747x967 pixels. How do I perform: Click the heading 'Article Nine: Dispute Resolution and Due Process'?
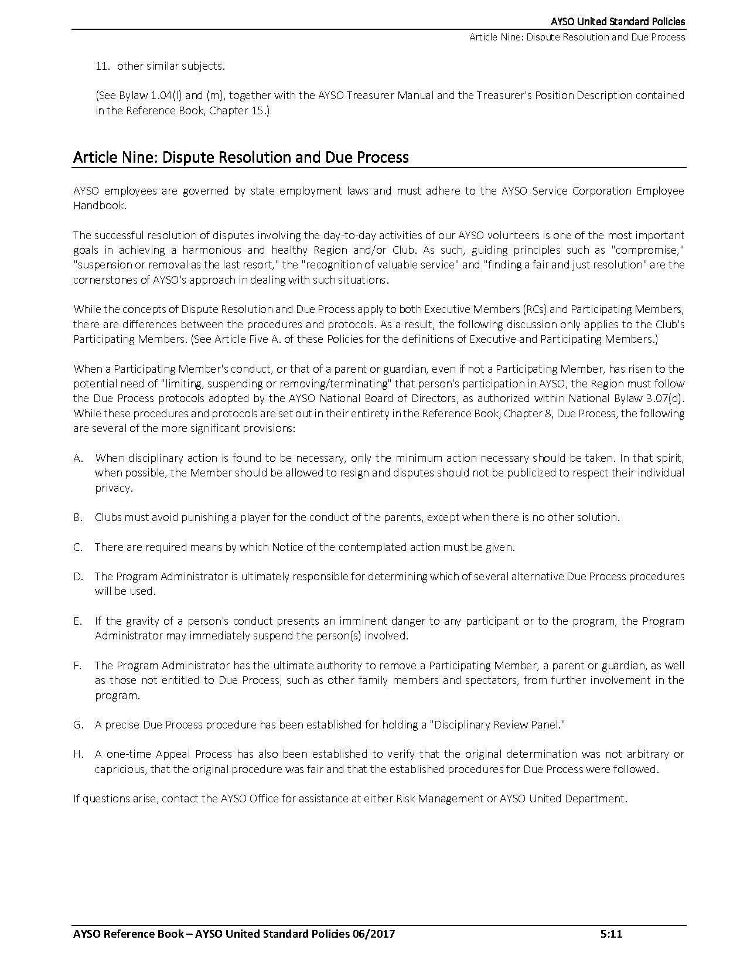click(241, 158)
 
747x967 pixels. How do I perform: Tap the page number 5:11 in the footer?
click(611, 934)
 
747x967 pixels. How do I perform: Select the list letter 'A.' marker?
click(79, 458)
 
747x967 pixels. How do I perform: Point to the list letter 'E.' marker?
click(78, 621)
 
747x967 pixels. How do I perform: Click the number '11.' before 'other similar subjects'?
click(103, 66)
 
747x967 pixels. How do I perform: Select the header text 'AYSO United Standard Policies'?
click(618, 22)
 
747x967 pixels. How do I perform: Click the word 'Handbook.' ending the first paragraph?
click(99, 206)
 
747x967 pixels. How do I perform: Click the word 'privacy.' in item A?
click(114, 488)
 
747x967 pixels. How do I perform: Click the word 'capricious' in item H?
click(120, 769)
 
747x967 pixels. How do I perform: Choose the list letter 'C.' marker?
click(79, 547)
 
